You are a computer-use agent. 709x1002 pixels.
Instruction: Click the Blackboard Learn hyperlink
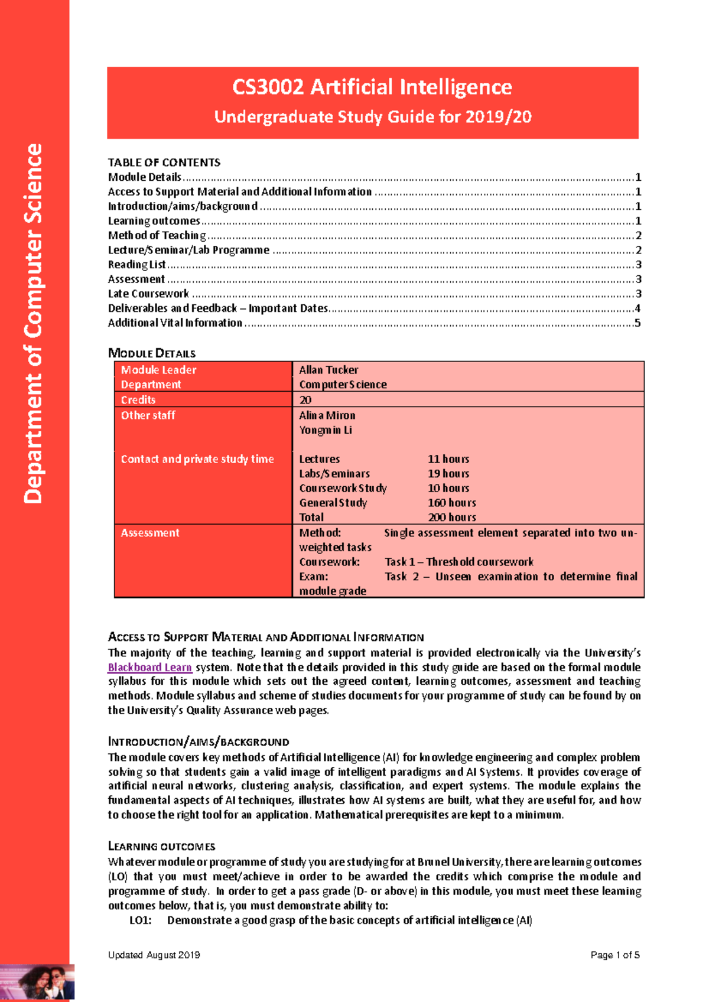click(x=149, y=667)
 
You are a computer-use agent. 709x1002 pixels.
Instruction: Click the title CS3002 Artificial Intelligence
click(x=372, y=87)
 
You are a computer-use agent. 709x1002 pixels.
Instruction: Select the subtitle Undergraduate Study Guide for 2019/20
click(x=372, y=116)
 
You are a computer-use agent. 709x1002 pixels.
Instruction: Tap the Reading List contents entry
click(x=136, y=265)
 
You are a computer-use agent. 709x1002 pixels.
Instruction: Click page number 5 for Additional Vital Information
click(x=637, y=323)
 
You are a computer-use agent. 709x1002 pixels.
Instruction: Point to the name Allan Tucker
click(x=328, y=370)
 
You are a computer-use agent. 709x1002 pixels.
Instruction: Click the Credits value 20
click(x=305, y=400)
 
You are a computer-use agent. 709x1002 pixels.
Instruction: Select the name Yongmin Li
click(x=325, y=430)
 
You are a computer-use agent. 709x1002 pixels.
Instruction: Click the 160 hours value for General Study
click(x=451, y=503)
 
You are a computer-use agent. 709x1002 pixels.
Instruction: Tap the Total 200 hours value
click(x=451, y=518)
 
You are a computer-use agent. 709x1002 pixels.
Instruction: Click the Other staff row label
click(x=148, y=415)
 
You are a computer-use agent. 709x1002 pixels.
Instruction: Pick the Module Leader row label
click(x=158, y=370)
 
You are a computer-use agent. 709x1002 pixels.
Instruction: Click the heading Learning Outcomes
click(x=161, y=846)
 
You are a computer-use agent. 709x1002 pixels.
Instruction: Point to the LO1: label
click(x=140, y=920)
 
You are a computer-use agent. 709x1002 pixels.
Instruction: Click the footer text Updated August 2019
click(x=154, y=955)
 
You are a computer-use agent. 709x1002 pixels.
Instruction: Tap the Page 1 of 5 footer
click(x=614, y=955)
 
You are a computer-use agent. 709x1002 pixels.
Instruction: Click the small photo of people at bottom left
click(x=37, y=982)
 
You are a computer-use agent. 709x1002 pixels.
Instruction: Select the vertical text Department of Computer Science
click(x=33, y=324)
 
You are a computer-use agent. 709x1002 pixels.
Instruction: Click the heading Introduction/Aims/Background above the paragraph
click(x=198, y=741)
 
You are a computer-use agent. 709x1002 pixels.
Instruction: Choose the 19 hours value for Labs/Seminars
click(x=448, y=474)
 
